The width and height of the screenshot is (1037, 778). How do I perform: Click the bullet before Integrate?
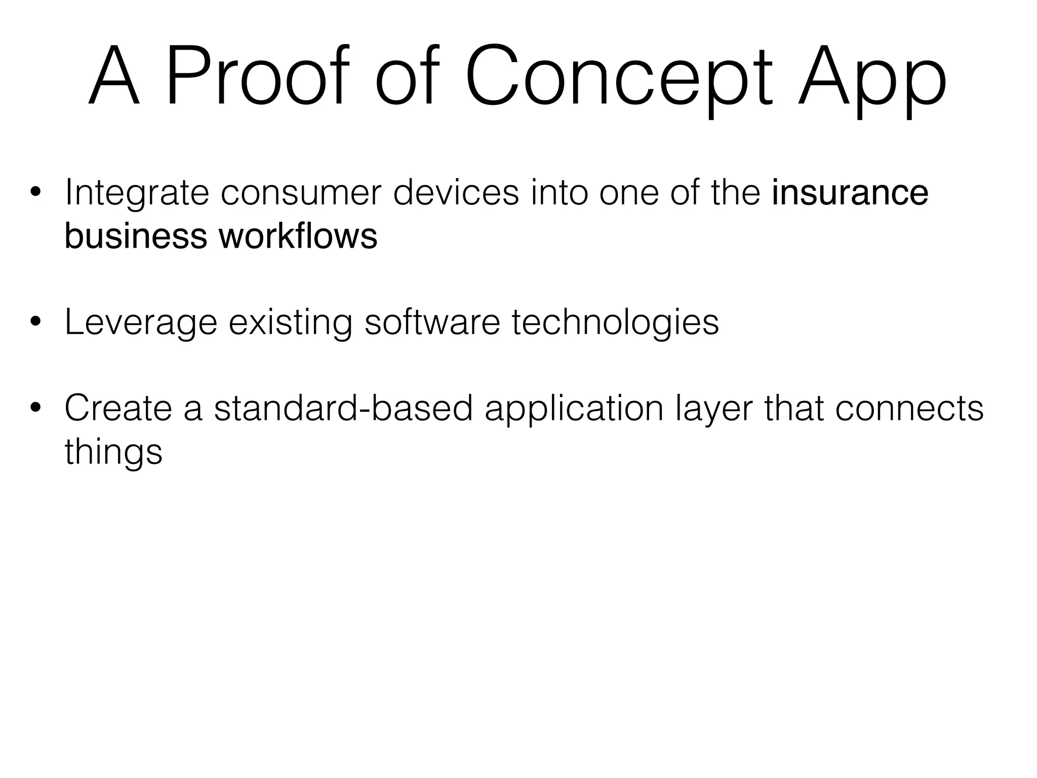click(x=35, y=193)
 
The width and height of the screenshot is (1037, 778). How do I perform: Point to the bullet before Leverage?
click(x=35, y=322)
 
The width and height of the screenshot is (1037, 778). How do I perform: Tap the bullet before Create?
click(x=35, y=408)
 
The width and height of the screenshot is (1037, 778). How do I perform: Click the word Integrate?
click(x=137, y=193)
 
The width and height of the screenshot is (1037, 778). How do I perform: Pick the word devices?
click(x=456, y=193)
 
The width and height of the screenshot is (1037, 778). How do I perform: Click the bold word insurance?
click(x=850, y=193)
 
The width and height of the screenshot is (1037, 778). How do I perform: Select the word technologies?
click(x=615, y=322)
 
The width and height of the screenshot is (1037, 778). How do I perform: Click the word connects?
click(x=909, y=408)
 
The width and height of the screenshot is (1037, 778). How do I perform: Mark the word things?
click(x=113, y=451)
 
